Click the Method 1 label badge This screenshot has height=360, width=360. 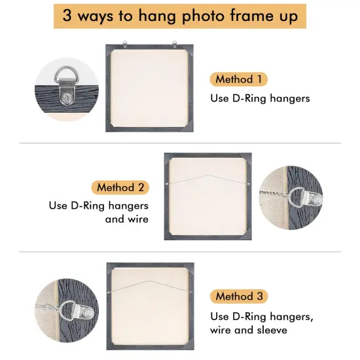(239, 79)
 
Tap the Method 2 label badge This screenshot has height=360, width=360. (120, 187)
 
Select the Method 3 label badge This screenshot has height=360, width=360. (239, 296)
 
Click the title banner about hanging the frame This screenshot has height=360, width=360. (179, 16)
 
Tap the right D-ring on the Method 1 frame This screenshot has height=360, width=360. (175, 45)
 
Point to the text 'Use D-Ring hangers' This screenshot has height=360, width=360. (259, 98)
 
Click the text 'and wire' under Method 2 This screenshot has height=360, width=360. (126, 219)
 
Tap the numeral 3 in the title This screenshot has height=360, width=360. (67, 16)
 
